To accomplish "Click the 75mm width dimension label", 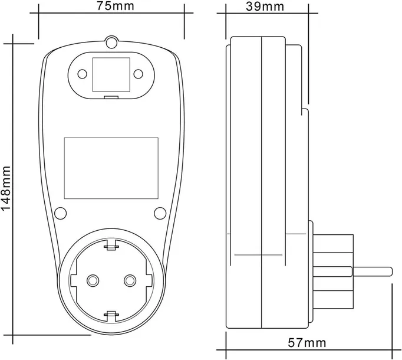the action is point(116,6).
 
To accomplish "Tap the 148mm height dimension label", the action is point(6,188).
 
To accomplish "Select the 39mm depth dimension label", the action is point(265,6).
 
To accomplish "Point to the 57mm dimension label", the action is point(307,342).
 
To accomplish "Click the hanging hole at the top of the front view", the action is point(111,42).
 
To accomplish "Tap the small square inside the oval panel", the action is point(111,74).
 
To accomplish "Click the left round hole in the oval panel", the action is point(83,74).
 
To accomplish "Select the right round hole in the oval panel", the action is point(139,74).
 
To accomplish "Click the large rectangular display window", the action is point(111,168).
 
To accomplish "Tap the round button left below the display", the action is point(61,213).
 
